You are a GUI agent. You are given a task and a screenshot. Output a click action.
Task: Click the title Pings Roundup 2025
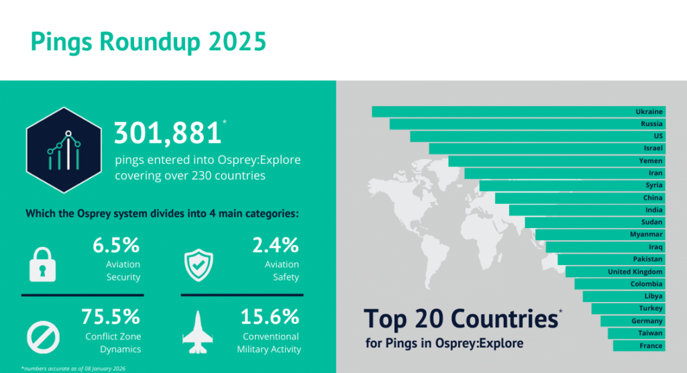pos(148,42)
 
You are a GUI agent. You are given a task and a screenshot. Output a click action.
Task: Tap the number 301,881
pos(168,134)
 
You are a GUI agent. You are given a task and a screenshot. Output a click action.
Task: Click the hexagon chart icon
pos(64,149)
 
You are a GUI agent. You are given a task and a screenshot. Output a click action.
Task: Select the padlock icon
pos(42,264)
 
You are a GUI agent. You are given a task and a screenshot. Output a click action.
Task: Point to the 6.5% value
pos(116,246)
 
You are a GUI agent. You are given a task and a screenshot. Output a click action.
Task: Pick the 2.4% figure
pos(275,246)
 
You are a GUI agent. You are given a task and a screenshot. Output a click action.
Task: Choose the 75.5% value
pos(111,316)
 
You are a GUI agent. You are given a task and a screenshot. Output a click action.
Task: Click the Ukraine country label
pos(649,111)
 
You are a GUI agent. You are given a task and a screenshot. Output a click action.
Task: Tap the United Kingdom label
pos(635,272)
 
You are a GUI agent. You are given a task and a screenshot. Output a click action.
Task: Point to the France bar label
pos(651,346)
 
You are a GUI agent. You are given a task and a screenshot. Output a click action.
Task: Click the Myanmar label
pos(646,234)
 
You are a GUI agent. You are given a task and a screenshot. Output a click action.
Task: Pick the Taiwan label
pos(650,333)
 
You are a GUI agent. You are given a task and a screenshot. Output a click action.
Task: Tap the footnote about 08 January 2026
pos(73,368)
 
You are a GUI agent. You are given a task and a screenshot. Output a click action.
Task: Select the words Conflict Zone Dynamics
pos(113,343)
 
